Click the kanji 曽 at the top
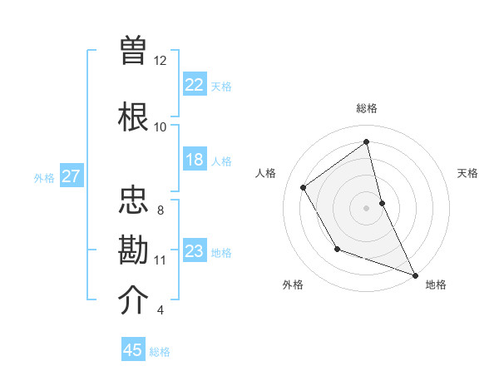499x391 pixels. (134, 51)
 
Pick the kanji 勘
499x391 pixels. (134, 250)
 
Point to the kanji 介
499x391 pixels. (134, 300)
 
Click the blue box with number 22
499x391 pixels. (195, 84)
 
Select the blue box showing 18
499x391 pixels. (195, 160)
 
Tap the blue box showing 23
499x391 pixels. (195, 251)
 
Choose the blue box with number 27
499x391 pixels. (71, 176)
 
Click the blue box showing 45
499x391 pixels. (133, 350)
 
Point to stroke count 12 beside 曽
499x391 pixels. (161, 61)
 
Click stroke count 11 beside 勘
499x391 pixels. (160, 260)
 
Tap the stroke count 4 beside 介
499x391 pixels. (160, 311)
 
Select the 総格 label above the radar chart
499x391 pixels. (366, 108)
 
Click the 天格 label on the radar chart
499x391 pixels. (467, 173)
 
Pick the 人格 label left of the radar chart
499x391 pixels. (265, 173)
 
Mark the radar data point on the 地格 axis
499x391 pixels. (416, 275)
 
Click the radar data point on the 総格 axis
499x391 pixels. (366, 141)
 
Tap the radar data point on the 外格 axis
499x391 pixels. (337, 248)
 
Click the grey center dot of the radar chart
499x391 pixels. (366, 207)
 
